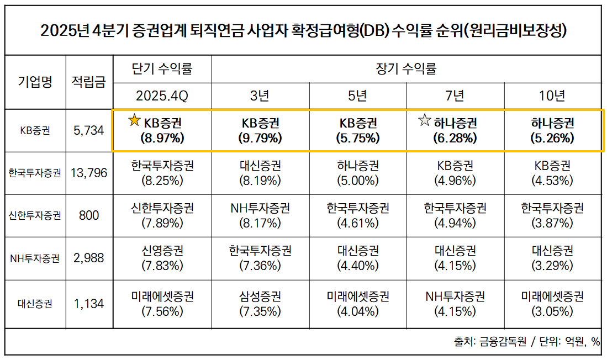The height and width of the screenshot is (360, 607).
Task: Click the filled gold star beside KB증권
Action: coord(134,121)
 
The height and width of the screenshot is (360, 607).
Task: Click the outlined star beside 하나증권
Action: coord(424,121)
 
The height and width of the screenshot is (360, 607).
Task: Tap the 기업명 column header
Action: coord(35,82)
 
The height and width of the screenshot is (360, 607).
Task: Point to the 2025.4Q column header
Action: coord(162,96)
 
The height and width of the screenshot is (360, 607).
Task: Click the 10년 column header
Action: coord(552,96)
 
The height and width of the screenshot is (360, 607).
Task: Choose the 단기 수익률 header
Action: coord(162,69)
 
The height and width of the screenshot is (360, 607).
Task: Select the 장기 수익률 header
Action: coord(406,69)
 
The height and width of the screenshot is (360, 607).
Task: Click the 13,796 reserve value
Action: coord(89,173)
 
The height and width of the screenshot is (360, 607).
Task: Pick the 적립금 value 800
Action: coord(89,215)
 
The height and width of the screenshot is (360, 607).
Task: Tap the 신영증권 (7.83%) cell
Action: coord(162,258)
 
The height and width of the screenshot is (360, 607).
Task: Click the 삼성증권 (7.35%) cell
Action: coord(260,303)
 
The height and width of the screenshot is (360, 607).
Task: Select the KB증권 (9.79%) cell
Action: coord(260,130)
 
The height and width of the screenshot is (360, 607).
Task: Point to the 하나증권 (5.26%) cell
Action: coord(552,130)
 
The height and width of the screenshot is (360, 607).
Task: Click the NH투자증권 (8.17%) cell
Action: coord(260,215)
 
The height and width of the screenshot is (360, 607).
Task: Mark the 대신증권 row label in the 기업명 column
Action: coord(35,303)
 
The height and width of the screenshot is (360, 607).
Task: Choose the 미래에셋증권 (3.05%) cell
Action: coord(552,303)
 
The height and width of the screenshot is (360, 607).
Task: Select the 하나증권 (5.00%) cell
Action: coord(357,173)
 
